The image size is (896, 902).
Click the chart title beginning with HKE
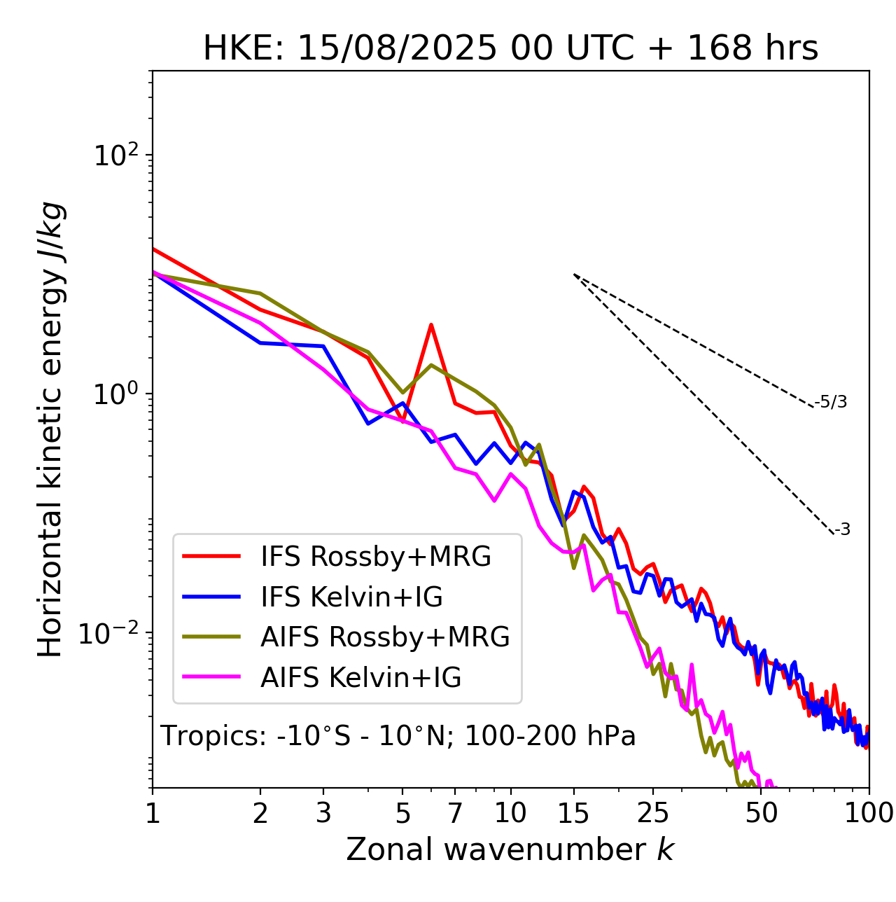(510, 48)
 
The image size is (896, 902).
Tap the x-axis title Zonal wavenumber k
(510, 849)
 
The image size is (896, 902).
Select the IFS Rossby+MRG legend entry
(375, 556)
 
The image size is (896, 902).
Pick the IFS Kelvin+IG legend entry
(351, 597)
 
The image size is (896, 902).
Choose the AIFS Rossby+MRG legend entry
(385, 637)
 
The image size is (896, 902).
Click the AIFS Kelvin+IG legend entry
(360, 678)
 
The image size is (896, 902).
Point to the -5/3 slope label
(831, 402)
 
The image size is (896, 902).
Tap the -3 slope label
(842, 529)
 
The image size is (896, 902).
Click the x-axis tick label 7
(455, 813)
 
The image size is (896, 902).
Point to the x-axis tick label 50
(761, 813)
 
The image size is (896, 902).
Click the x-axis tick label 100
(869, 813)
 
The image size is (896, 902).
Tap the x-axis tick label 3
(323, 813)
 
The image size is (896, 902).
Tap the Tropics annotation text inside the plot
(398, 736)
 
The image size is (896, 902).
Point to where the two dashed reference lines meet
(574, 275)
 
